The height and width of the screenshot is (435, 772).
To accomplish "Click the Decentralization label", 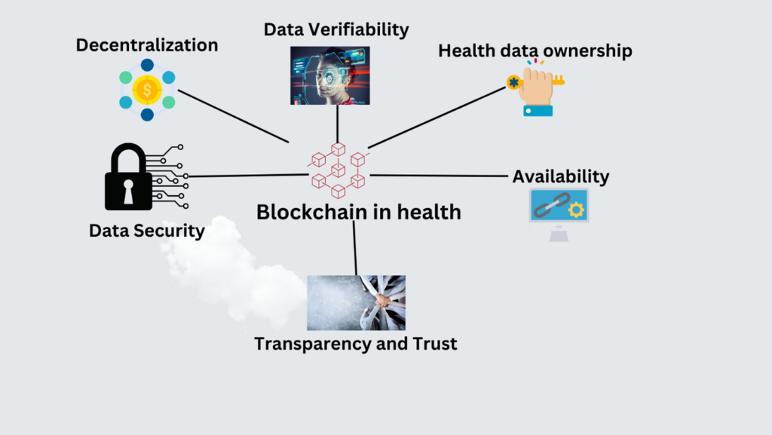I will coord(147,45).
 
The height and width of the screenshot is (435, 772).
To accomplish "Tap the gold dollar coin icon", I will coord(147,90).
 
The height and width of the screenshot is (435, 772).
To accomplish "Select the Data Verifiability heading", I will coord(336,29).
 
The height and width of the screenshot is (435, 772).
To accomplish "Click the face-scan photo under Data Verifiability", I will coord(329,75).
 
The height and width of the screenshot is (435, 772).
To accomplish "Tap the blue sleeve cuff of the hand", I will coord(538,110).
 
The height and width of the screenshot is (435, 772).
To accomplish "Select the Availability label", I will coord(561,177).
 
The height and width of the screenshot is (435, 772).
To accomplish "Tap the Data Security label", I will coord(147,231).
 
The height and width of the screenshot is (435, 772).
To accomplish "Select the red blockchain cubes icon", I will coord(336,169).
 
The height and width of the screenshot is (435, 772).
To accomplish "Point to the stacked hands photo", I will coord(356,302).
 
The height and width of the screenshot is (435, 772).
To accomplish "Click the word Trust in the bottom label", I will coord(432,345).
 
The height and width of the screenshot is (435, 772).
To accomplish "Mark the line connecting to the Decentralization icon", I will coord(234,116).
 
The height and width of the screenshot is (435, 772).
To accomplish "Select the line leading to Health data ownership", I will coord(437,117).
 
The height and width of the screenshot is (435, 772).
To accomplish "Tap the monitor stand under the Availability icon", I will coord(559,234).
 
